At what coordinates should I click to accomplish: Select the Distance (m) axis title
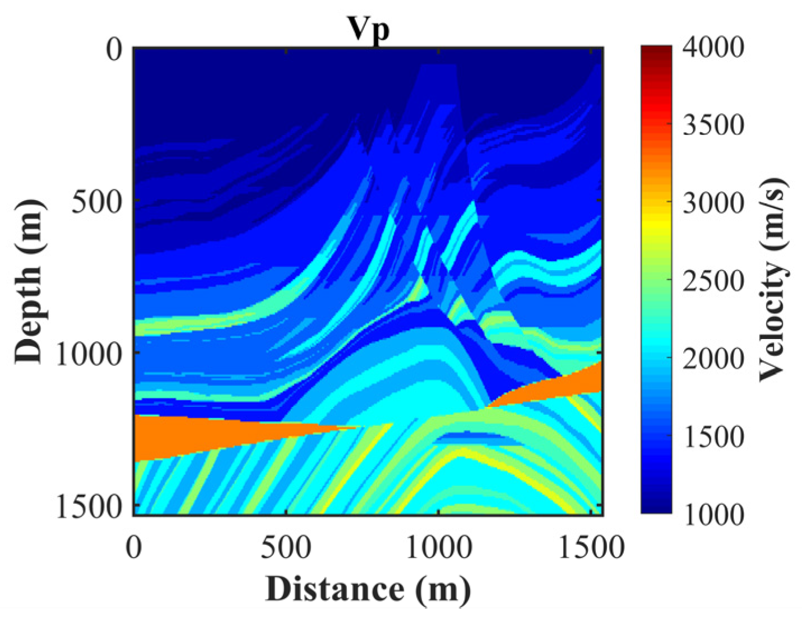(x=368, y=589)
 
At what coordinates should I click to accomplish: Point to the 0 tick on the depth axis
(x=114, y=50)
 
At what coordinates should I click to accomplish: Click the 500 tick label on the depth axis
(x=96, y=202)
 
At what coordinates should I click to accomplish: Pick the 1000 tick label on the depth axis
(x=89, y=354)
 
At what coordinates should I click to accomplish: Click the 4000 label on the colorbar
(x=713, y=48)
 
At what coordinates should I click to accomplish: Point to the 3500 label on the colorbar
(x=713, y=125)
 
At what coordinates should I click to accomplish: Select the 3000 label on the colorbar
(x=713, y=202)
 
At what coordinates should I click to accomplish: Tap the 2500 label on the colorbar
(x=713, y=280)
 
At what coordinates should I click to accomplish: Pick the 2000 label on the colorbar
(x=713, y=358)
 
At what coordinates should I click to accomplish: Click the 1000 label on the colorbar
(x=713, y=513)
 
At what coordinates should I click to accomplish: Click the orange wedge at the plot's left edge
(x=179, y=437)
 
